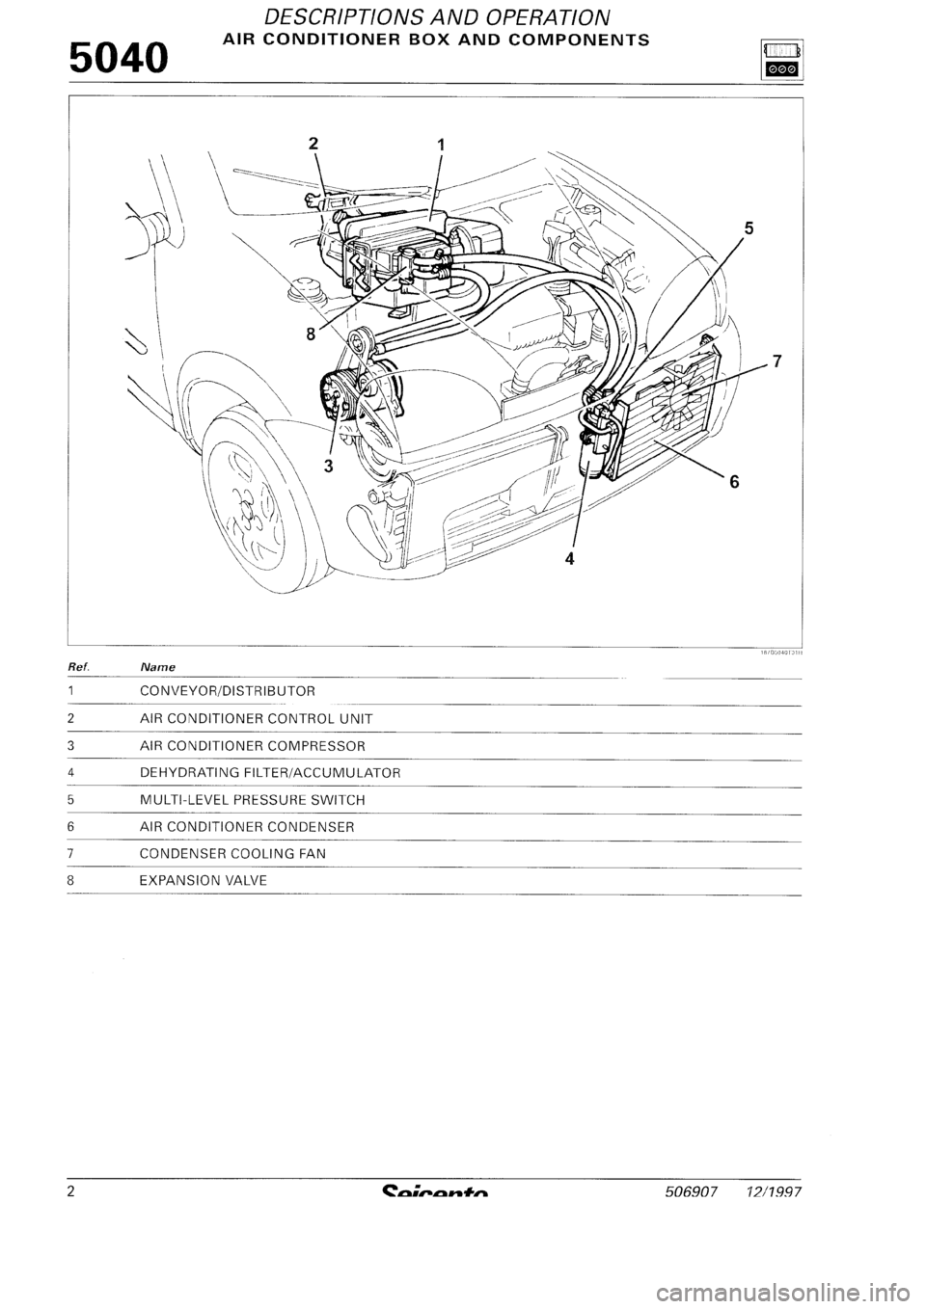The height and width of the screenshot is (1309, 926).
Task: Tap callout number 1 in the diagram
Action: click(441, 145)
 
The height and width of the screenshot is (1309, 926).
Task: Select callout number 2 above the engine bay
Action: click(313, 144)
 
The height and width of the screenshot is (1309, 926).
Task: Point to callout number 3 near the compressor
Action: click(328, 466)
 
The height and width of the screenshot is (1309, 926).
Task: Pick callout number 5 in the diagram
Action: click(749, 228)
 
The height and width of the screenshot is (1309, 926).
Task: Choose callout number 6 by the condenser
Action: click(734, 484)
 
